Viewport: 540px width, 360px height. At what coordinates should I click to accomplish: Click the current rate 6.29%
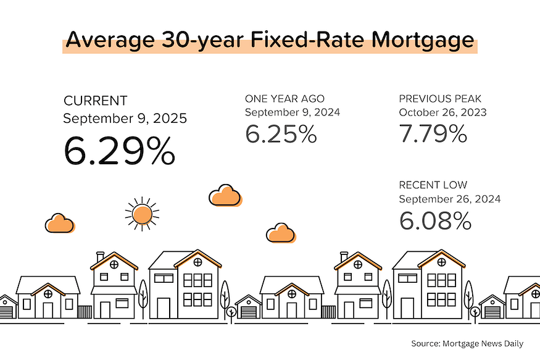pyautogui.click(x=118, y=150)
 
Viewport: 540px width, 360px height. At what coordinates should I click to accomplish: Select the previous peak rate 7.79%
pyautogui.click(x=433, y=133)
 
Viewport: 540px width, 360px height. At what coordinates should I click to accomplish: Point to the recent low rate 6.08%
pyautogui.click(x=435, y=220)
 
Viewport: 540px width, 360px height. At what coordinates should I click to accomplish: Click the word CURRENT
pyautogui.click(x=96, y=101)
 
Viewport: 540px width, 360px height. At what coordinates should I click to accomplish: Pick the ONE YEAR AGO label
pyautogui.click(x=285, y=99)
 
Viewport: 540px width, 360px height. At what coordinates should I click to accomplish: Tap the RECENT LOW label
pyautogui.click(x=433, y=185)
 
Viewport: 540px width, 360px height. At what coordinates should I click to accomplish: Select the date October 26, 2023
pyautogui.click(x=442, y=112)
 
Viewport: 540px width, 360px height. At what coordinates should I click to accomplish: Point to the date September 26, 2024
pyautogui.click(x=449, y=199)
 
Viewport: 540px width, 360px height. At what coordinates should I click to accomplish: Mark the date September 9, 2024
pyautogui.click(x=292, y=112)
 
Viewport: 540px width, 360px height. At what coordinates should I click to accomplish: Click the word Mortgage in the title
pyautogui.click(x=423, y=41)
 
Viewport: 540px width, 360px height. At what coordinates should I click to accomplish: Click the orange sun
pyautogui.click(x=142, y=214)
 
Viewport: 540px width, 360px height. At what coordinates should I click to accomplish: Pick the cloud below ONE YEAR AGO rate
pyautogui.click(x=225, y=195)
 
